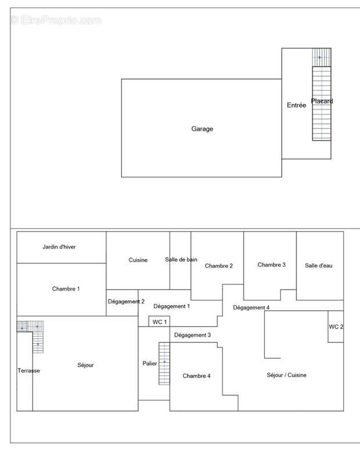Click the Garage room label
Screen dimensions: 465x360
coord(202,129)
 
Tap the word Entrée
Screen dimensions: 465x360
coord(296,105)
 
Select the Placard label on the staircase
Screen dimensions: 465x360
coord(322,101)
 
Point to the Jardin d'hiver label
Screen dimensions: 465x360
coord(59,247)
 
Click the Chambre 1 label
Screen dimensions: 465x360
coord(66,289)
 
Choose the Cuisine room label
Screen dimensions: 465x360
coord(138,260)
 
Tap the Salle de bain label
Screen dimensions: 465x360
coord(181,260)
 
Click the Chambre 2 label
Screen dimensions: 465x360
coord(219,266)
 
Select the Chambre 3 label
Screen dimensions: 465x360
coord(272,265)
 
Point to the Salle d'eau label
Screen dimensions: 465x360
coord(319,266)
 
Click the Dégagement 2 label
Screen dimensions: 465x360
coord(126,302)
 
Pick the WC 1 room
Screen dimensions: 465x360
coord(160,322)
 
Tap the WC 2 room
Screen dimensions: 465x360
coord(336,327)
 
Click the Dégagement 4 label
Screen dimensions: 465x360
coord(251,307)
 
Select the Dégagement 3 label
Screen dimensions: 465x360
coord(192,335)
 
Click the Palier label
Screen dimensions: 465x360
coord(150,364)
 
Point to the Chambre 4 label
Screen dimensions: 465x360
coord(196,376)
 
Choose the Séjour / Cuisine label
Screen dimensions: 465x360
coord(286,375)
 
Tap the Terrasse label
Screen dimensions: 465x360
coord(28,370)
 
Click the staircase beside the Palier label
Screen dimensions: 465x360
coord(164,363)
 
